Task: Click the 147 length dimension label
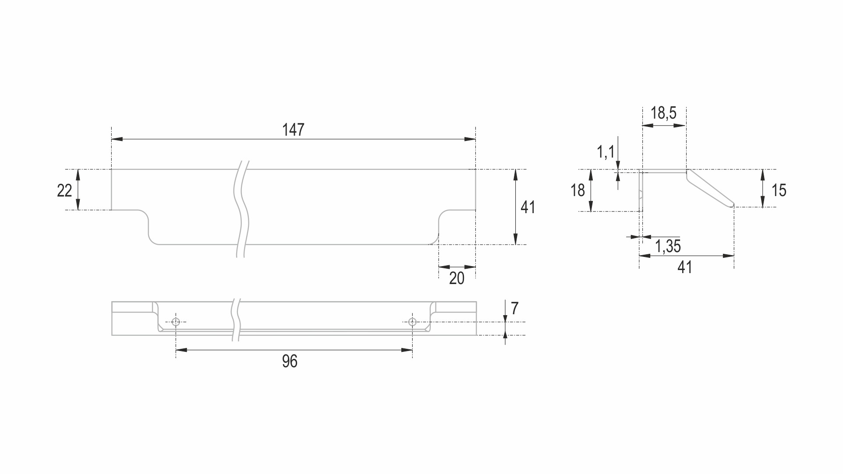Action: tap(293, 130)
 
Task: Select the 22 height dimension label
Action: tap(64, 190)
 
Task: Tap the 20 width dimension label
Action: tap(457, 278)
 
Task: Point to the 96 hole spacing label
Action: tap(290, 362)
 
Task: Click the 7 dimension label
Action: tap(515, 309)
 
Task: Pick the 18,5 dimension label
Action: tap(663, 113)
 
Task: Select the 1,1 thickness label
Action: tap(606, 152)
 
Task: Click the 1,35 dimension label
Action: tap(668, 246)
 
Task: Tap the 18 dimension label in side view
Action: tap(577, 190)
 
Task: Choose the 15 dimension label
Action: tap(779, 190)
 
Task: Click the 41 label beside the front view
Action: tap(528, 207)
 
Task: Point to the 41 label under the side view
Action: tap(684, 267)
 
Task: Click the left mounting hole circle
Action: tap(176, 322)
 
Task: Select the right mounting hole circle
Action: tap(412, 322)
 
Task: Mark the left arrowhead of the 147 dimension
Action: tap(117, 139)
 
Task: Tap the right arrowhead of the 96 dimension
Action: tap(407, 350)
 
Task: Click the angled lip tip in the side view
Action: tap(732, 204)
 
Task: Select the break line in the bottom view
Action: tap(236, 320)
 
